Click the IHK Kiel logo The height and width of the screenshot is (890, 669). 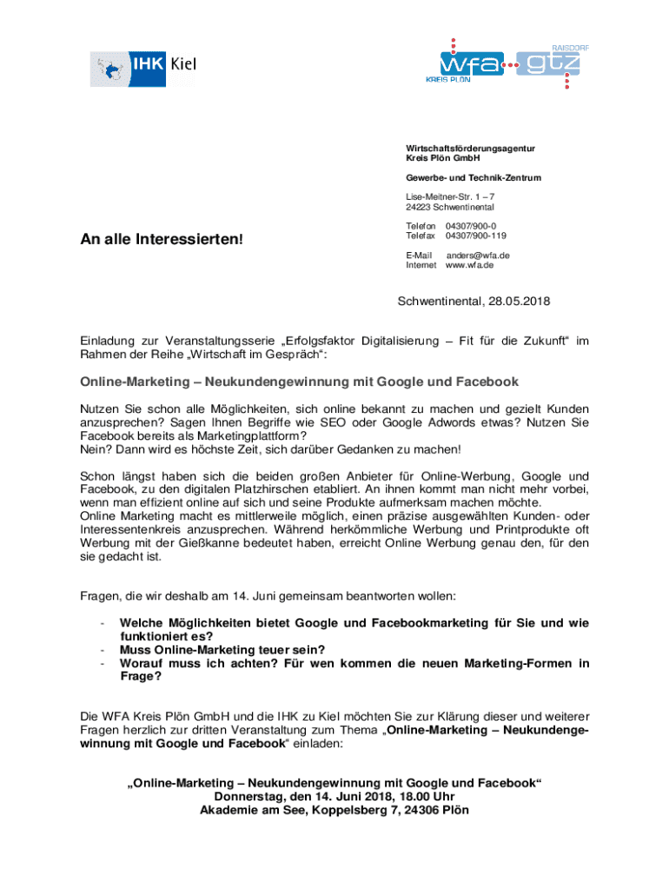(x=143, y=67)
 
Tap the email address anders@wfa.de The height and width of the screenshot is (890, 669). (x=478, y=255)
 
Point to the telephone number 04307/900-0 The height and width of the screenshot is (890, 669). (x=470, y=225)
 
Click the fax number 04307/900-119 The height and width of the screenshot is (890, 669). (x=475, y=236)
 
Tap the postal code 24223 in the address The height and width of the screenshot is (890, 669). (x=421, y=207)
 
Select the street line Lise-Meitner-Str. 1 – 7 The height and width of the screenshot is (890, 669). (x=450, y=196)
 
